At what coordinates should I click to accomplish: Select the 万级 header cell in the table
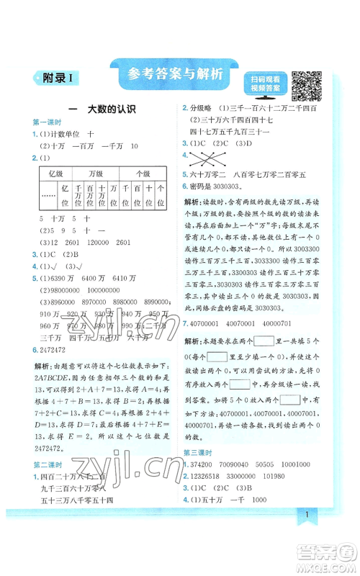coord(96,174)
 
